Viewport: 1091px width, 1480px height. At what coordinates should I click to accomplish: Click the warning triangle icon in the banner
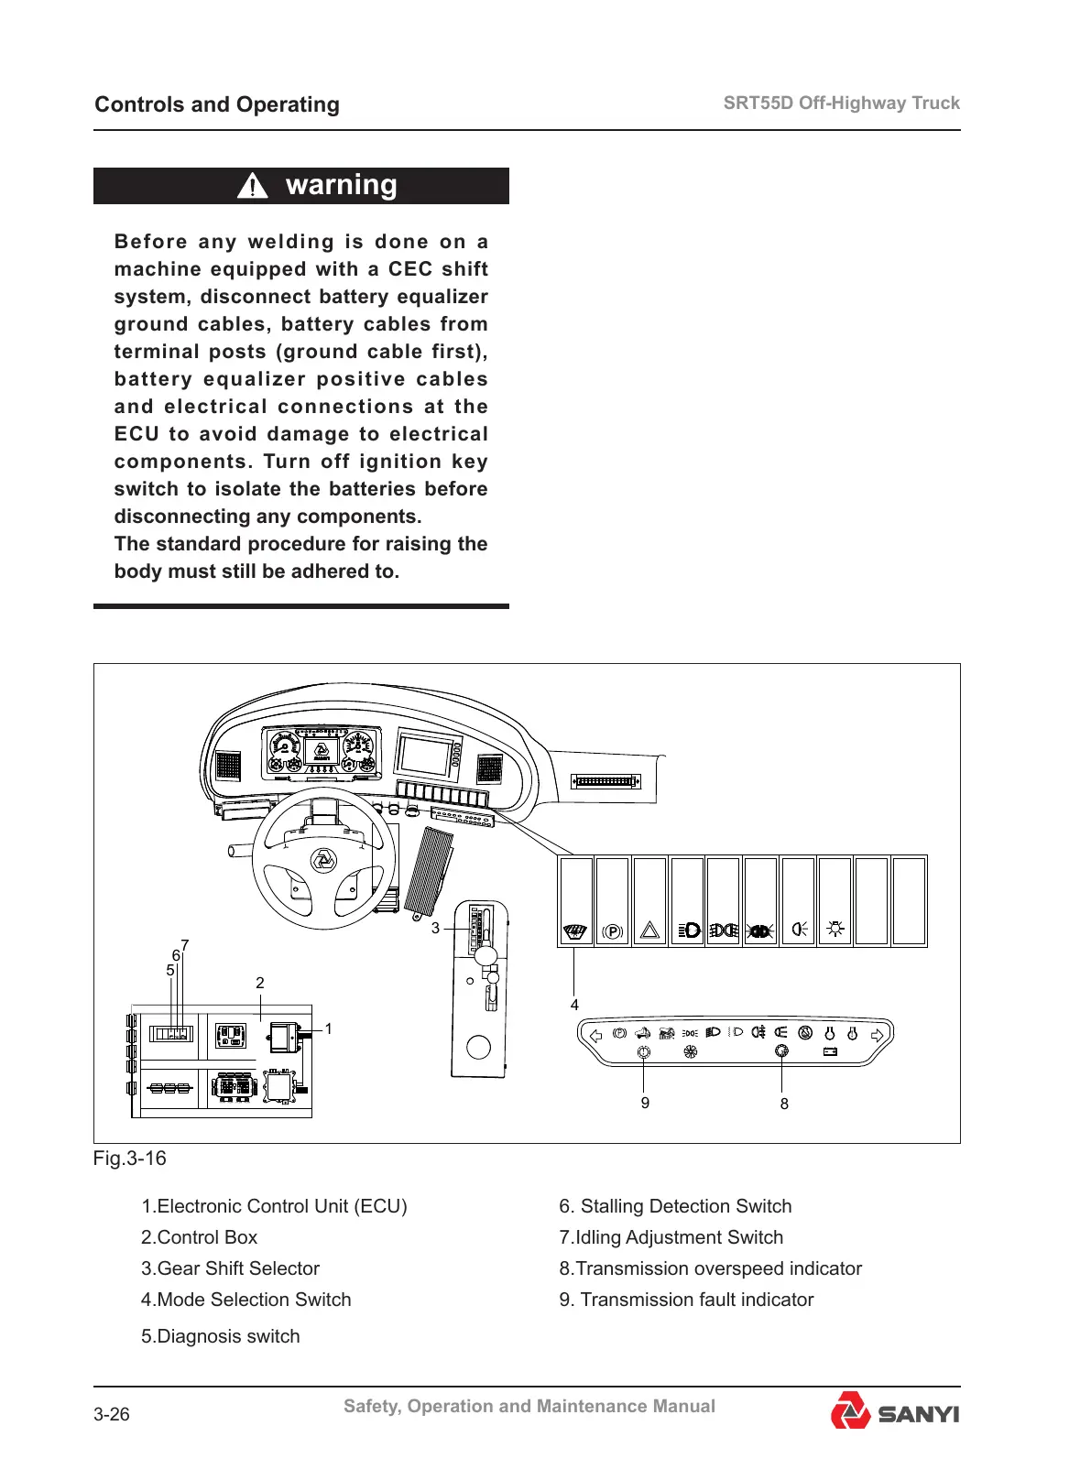click(252, 186)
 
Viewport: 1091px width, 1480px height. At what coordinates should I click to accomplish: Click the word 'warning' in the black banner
click(341, 185)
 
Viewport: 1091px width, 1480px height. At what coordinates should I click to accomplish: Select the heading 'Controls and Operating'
click(217, 104)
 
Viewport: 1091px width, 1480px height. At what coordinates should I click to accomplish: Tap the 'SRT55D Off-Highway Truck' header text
click(841, 103)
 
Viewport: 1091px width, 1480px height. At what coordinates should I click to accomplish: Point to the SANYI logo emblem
click(850, 1411)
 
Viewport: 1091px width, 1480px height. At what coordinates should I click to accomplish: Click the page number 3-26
click(112, 1415)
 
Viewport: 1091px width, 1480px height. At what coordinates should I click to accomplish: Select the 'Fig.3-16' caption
click(130, 1159)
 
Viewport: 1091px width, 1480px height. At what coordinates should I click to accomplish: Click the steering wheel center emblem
click(323, 860)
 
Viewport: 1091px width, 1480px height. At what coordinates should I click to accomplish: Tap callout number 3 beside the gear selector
click(435, 928)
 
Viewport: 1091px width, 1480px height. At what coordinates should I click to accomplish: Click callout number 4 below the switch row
click(574, 1005)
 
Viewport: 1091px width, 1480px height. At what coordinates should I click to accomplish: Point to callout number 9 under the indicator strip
click(645, 1104)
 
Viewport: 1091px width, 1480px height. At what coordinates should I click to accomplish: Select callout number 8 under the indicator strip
click(784, 1105)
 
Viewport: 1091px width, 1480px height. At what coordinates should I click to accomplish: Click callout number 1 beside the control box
click(328, 1029)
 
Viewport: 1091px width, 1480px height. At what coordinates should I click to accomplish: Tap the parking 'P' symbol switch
click(612, 931)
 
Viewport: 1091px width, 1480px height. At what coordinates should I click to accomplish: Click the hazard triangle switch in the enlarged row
click(649, 931)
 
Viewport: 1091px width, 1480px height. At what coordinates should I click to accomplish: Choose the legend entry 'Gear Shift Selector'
click(230, 1268)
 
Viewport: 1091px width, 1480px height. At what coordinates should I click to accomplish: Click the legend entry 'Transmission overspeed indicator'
click(711, 1268)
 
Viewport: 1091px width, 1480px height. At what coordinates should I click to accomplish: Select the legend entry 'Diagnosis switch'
click(221, 1336)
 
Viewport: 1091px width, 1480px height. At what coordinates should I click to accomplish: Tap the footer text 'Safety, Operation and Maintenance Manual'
click(529, 1406)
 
